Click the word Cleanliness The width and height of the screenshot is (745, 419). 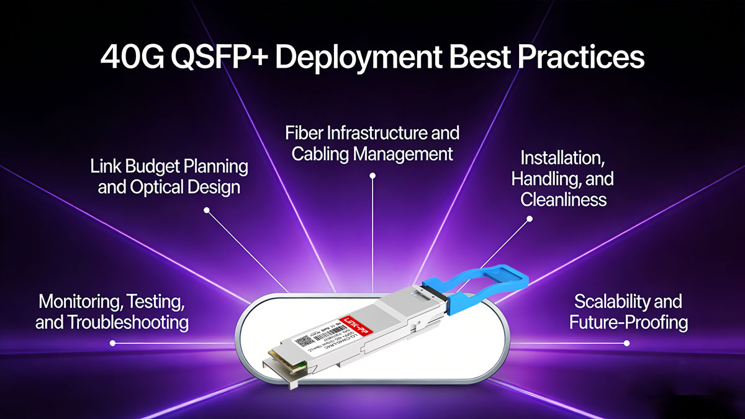(563, 199)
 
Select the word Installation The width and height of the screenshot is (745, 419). (562, 158)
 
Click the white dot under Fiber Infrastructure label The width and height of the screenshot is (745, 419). (372, 176)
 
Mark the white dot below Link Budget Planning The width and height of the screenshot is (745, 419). (206, 210)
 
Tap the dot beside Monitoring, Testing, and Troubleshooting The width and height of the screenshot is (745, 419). (112, 343)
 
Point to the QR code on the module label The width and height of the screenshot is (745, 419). (302, 341)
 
